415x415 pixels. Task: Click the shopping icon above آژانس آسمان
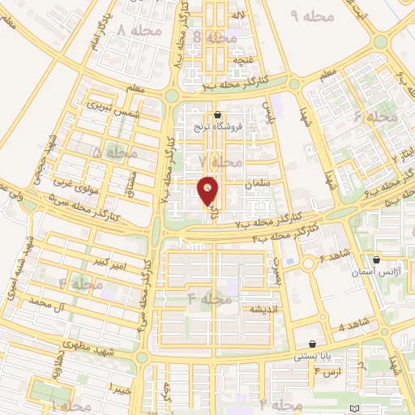pyautogui.click(x=378, y=261)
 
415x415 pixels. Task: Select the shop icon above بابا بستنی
pyautogui.click(x=313, y=344)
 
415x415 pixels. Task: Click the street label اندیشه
pyautogui.click(x=265, y=310)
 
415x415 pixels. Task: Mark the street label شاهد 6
pyautogui.click(x=333, y=255)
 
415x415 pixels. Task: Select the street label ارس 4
pyautogui.click(x=328, y=371)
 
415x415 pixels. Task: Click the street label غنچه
pyautogui.click(x=244, y=60)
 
